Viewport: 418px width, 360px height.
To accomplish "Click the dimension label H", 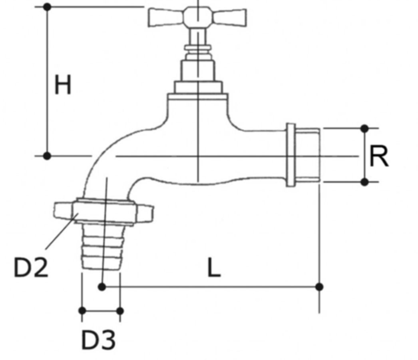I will [x=63, y=85].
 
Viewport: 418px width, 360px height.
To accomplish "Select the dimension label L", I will [x=214, y=268].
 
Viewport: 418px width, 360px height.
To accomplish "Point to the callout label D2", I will [x=31, y=267].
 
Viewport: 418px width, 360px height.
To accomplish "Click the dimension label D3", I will [x=99, y=340].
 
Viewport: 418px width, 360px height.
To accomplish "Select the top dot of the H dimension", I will [x=47, y=7].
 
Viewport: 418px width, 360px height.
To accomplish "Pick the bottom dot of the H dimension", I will [x=47, y=156].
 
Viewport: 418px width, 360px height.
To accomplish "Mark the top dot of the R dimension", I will [x=364, y=128].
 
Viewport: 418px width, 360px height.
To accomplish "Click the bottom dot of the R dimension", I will [x=364, y=182].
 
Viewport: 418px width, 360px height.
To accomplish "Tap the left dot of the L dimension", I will [x=102, y=287].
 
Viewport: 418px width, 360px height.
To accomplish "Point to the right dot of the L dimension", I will [x=319, y=287].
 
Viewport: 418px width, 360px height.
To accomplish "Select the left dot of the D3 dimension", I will [x=82, y=311].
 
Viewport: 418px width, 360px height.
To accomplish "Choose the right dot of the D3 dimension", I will [x=120, y=311].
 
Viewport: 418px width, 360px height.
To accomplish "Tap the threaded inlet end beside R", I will [x=309, y=155].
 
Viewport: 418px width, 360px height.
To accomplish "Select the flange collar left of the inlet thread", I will [x=291, y=155].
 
